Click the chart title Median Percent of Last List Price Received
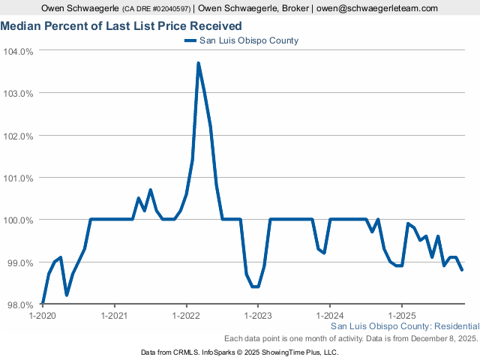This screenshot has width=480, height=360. click(x=121, y=26)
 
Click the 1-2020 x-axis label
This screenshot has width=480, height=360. click(x=42, y=316)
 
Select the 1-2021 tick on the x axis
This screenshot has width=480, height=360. click(x=114, y=316)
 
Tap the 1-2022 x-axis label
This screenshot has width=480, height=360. click(x=186, y=316)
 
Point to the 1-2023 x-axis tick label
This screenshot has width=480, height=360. click(x=258, y=316)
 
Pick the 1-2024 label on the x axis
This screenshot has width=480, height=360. click(x=330, y=316)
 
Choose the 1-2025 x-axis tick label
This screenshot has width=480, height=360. click(x=402, y=316)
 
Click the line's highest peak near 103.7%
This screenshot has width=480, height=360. click(x=198, y=63)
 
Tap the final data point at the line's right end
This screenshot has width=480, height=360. click(x=462, y=270)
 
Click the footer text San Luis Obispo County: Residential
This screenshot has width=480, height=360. click(x=404, y=327)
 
